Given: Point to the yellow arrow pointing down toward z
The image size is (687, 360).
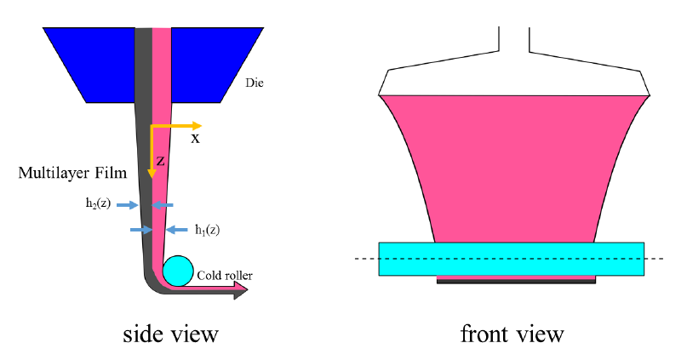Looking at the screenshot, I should pos(152,153).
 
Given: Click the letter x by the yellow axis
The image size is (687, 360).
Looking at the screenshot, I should pos(195,138).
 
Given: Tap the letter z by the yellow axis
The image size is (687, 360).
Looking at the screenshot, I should pos(160,159).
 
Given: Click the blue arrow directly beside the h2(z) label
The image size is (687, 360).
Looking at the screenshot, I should pos(127,204).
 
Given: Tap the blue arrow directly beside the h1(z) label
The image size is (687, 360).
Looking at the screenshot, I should pos(178,229).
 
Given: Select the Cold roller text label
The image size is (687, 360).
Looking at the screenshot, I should pos(225,275).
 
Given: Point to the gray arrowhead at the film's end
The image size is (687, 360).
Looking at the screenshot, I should pos(241,291).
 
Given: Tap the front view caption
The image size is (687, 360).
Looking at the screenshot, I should pos(512,334).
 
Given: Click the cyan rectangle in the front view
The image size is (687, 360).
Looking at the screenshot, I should pos(511,259).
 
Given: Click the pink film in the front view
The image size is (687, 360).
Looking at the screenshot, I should pos(511,170).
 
